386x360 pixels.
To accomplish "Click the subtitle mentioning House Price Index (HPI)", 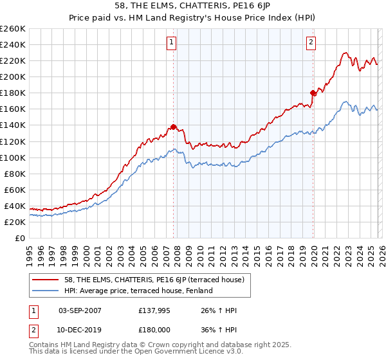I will [193, 17].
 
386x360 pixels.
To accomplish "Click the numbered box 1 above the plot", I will [172, 43].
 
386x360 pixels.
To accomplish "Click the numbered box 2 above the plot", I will [311, 43].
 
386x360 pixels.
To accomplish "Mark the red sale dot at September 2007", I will [173, 127].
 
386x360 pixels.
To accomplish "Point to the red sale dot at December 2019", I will [313, 93].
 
